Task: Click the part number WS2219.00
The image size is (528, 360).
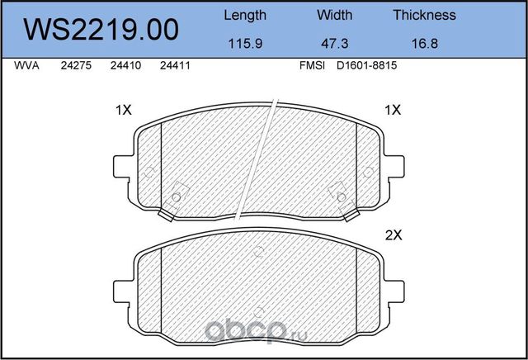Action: click(101, 29)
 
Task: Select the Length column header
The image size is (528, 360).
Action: click(245, 15)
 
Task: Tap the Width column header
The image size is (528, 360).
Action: click(334, 15)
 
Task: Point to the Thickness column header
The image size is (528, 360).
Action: click(424, 15)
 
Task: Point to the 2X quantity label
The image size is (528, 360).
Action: click(393, 234)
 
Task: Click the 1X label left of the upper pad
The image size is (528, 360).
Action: click(123, 110)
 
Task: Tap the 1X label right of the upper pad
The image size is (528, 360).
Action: click(393, 110)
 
